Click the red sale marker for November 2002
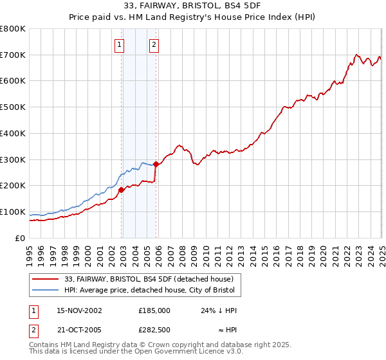pos(121,189)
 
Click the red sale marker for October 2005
pos(156,164)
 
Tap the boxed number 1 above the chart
pos(120,44)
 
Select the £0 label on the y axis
pos(21,238)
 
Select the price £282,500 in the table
pos(154,330)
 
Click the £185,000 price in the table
pos(154,310)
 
